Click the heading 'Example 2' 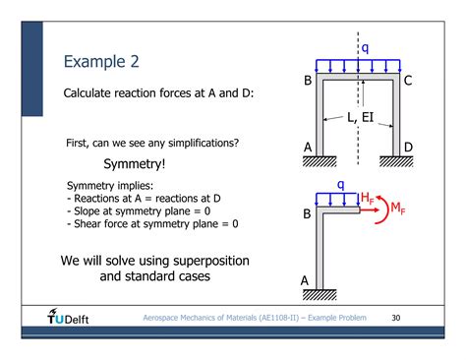pyautogui.click(x=101, y=62)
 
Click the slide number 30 pyautogui.click(x=396, y=318)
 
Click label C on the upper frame pyautogui.click(x=408, y=81)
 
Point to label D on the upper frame pyautogui.click(x=408, y=148)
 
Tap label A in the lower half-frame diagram pyautogui.click(x=306, y=281)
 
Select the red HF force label pyautogui.click(x=367, y=197)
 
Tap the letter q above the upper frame pyautogui.click(x=366, y=47)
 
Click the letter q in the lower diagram pyautogui.click(x=341, y=184)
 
